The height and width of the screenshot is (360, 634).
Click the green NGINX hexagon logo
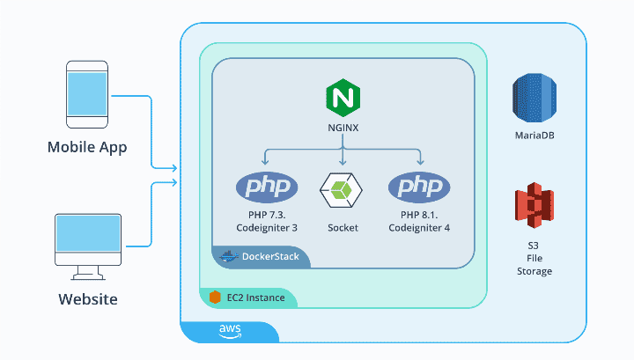coord(343,98)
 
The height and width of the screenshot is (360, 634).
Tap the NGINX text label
coord(343,128)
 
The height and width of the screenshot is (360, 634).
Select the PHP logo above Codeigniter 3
coord(267,187)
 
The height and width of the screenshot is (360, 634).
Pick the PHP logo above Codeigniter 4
coord(419,187)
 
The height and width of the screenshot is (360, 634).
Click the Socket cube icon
coord(341,190)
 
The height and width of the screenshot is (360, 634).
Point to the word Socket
coord(343,228)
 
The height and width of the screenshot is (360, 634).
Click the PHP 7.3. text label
coord(267,215)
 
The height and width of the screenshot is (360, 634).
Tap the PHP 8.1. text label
coord(419,215)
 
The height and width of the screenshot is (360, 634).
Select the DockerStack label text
coord(270,256)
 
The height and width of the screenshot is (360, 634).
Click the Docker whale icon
coord(229,256)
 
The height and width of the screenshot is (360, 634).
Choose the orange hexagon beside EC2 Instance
coord(215,298)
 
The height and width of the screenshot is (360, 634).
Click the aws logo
coord(230,331)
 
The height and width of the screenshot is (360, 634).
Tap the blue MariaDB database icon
coord(534,98)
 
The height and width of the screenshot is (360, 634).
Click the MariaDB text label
coord(534,136)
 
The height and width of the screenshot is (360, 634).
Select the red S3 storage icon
coord(534,205)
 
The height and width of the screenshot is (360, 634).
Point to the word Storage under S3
coord(534,271)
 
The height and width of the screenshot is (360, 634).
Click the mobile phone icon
coord(87,94)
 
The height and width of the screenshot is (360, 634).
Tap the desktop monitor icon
coord(88,246)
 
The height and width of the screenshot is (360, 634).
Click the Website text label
coord(88,299)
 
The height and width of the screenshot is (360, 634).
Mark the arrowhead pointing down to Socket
coord(343,163)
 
